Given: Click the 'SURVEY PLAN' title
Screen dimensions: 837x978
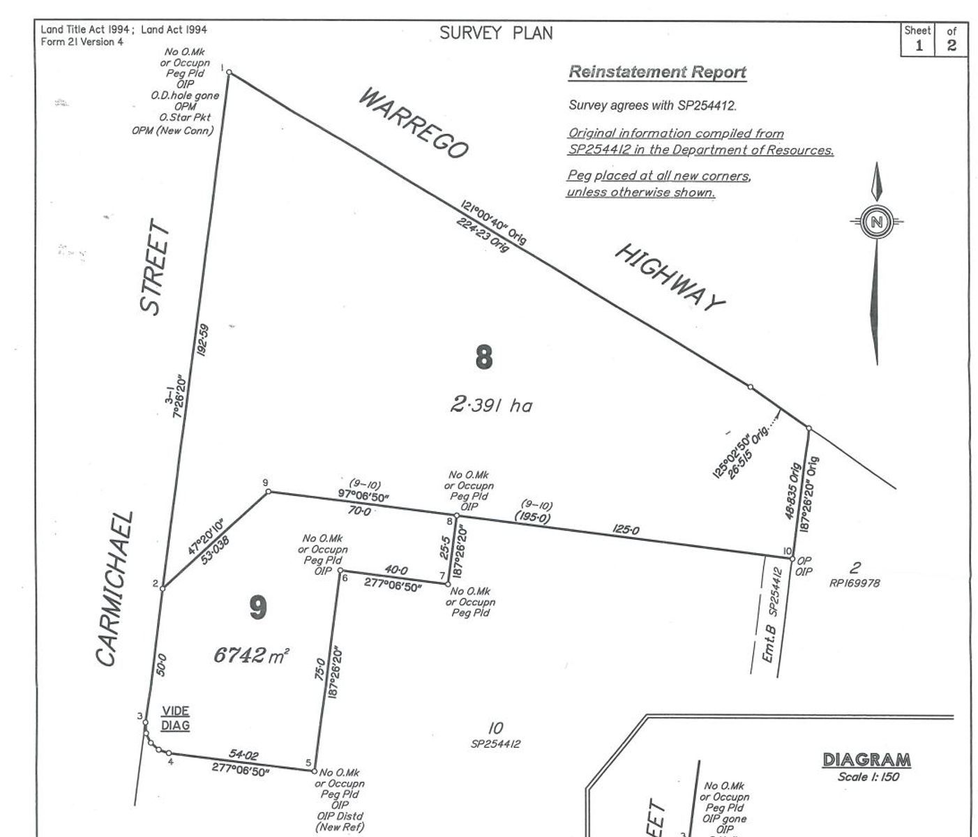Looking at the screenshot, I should pyautogui.click(x=495, y=33).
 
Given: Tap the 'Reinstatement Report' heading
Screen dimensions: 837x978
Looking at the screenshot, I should pyautogui.click(x=657, y=72).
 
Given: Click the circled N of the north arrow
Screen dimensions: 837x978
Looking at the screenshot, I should pyautogui.click(x=877, y=223).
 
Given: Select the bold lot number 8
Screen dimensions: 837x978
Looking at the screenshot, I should pyautogui.click(x=483, y=357).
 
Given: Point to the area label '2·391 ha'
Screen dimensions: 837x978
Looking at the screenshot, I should pyautogui.click(x=491, y=405).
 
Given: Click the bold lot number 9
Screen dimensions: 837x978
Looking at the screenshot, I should pyautogui.click(x=257, y=608).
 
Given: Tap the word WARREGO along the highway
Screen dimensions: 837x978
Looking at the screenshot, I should pyautogui.click(x=414, y=123).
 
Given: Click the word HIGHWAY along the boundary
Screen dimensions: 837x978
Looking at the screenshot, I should pyautogui.click(x=669, y=278).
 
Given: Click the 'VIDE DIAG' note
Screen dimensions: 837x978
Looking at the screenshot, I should pyautogui.click(x=175, y=718).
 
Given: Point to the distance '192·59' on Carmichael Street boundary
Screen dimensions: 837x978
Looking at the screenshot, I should pyautogui.click(x=203, y=340).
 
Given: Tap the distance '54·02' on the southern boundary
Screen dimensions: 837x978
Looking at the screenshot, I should pyautogui.click(x=243, y=754).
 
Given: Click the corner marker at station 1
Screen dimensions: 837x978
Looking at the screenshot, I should pyautogui.click(x=229, y=73).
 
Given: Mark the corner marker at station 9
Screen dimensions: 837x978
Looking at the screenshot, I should pyautogui.click(x=268, y=492).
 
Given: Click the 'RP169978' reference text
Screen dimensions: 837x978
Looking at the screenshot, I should pyautogui.click(x=855, y=583).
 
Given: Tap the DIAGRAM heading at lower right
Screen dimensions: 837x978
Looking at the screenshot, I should pyautogui.click(x=866, y=760).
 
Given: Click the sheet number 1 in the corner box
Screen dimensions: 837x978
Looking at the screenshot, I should pyautogui.click(x=919, y=46).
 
